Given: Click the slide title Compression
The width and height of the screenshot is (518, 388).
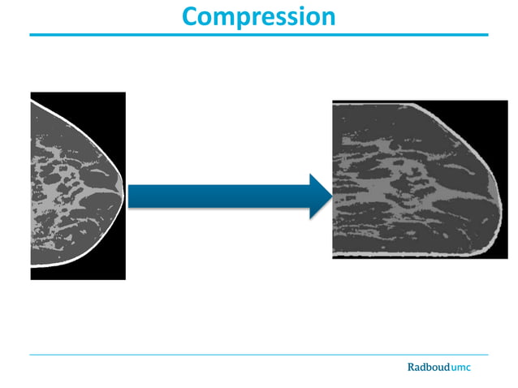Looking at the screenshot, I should pyautogui.click(x=258, y=16).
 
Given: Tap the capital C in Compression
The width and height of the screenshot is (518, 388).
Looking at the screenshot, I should pyautogui.click(x=192, y=15).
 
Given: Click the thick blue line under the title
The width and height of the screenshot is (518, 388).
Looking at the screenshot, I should pyautogui.click(x=258, y=35).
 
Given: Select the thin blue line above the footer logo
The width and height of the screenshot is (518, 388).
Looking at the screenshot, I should pyautogui.click(x=258, y=355).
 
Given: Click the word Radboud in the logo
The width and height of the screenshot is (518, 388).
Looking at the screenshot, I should pyautogui.click(x=427, y=368).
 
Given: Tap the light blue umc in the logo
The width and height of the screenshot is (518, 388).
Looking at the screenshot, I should pyautogui.click(x=460, y=369).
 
